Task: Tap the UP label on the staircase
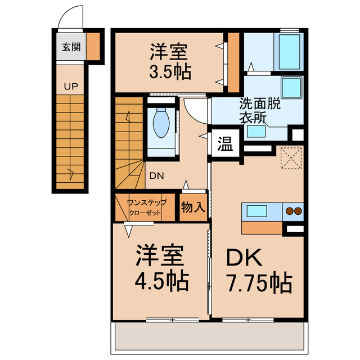pyautogui.click(x=70, y=87)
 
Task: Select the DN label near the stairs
pyautogui.click(x=156, y=175)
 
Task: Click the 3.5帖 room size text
pyautogui.click(x=170, y=72)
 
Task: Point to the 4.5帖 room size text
pyautogui.click(x=161, y=279)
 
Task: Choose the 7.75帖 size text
pyautogui.click(x=259, y=282)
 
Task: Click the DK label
pyautogui.click(x=244, y=258)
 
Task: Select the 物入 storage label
pyautogui.click(x=193, y=207)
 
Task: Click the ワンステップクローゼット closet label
pyautogui.click(x=146, y=208)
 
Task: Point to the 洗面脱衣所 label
pyautogui.click(x=259, y=110)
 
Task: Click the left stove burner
pyautogui.click(x=289, y=211)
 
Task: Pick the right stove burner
pyautogui.click(x=298, y=211)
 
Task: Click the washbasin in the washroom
pyautogui.click(x=257, y=132)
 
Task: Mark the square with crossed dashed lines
pyautogui.click(x=291, y=157)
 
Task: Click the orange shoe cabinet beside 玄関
pyautogui.click(x=93, y=47)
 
